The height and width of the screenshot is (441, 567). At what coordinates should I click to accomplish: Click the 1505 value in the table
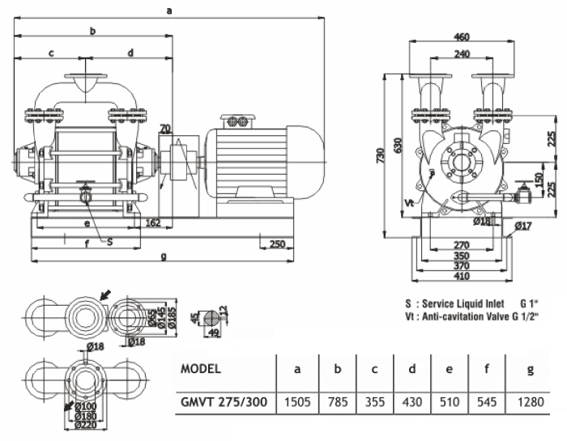pyautogui.click(x=298, y=401)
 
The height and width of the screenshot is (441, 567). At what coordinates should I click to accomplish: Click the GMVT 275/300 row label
pyautogui.click(x=224, y=401)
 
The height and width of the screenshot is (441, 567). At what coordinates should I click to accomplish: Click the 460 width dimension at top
pyautogui.click(x=462, y=36)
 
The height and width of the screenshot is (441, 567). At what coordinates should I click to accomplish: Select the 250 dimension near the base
pyautogui.click(x=275, y=244)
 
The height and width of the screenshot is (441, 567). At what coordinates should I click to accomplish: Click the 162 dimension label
pyautogui.click(x=152, y=222)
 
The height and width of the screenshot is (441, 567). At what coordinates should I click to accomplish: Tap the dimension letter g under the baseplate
pyautogui.click(x=164, y=257)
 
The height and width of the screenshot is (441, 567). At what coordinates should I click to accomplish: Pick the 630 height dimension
pyautogui.click(x=398, y=145)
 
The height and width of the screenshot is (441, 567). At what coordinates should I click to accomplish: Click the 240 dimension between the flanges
pyautogui.click(x=462, y=53)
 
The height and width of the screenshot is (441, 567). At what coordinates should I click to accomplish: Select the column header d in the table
pyautogui.click(x=412, y=369)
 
